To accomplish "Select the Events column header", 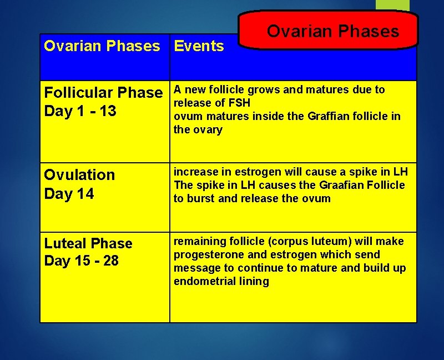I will tap(199, 46).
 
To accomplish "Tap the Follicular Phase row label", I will tap(103, 92).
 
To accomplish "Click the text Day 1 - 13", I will tap(80, 111).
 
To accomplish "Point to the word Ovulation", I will tap(79, 174).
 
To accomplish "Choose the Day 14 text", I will tap(69, 194).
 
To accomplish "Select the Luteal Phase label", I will tap(88, 243).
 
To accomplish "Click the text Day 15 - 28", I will tap(81, 261).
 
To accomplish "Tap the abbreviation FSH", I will tap(239, 103).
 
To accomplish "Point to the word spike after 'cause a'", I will tap(359, 172).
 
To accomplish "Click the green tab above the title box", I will tap(392, 5).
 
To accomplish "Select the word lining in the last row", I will tap(254, 281).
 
